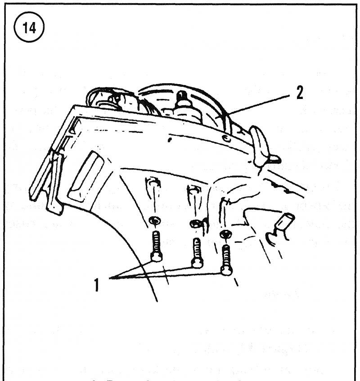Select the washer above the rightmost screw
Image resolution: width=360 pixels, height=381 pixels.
point(224,234)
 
